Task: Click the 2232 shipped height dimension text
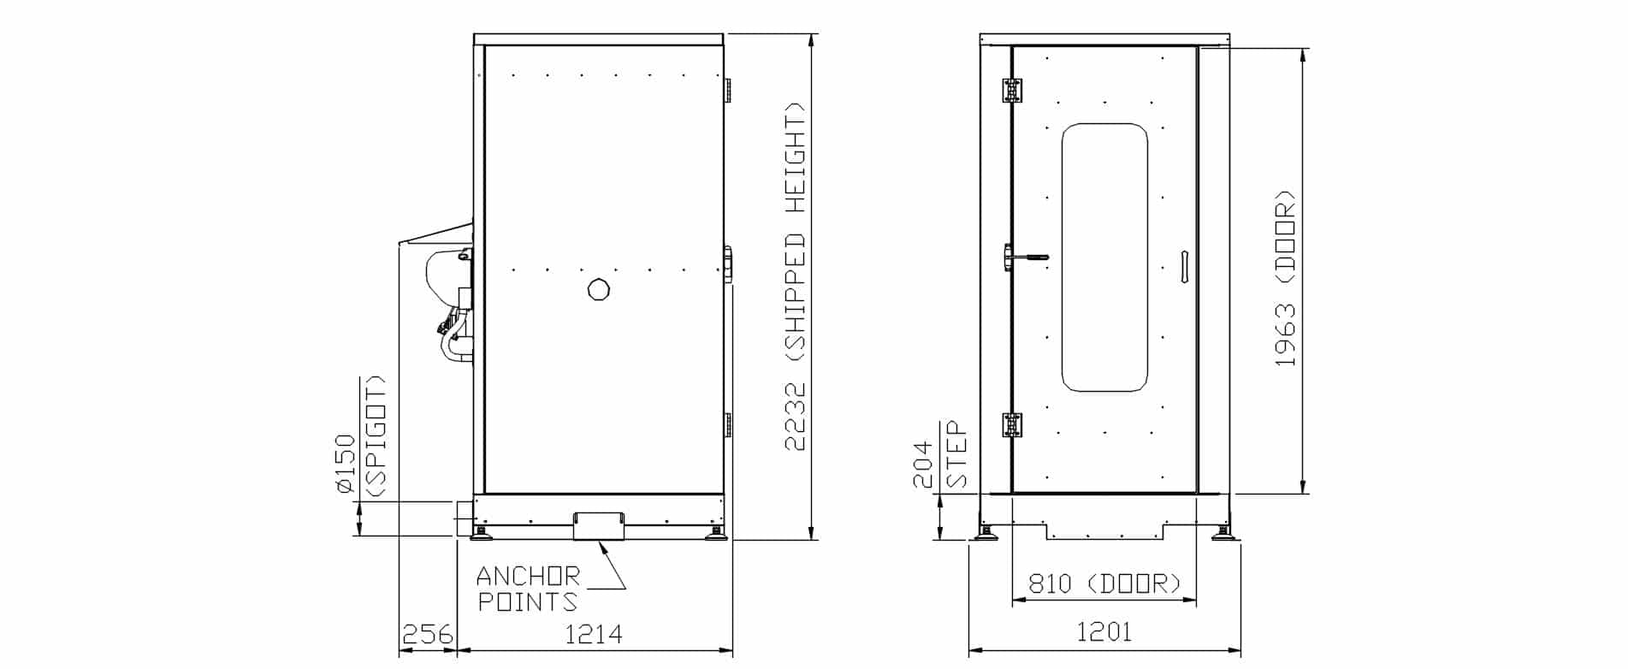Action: (795, 276)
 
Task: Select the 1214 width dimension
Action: (594, 635)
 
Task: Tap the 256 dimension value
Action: (427, 635)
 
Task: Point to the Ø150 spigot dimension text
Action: (360, 436)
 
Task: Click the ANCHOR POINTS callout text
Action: (528, 588)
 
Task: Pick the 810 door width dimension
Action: (1104, 583)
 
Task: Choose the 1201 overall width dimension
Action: (1104, 632)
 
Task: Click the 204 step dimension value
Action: (923, 465)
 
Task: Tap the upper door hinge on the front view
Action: (1012, 91)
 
